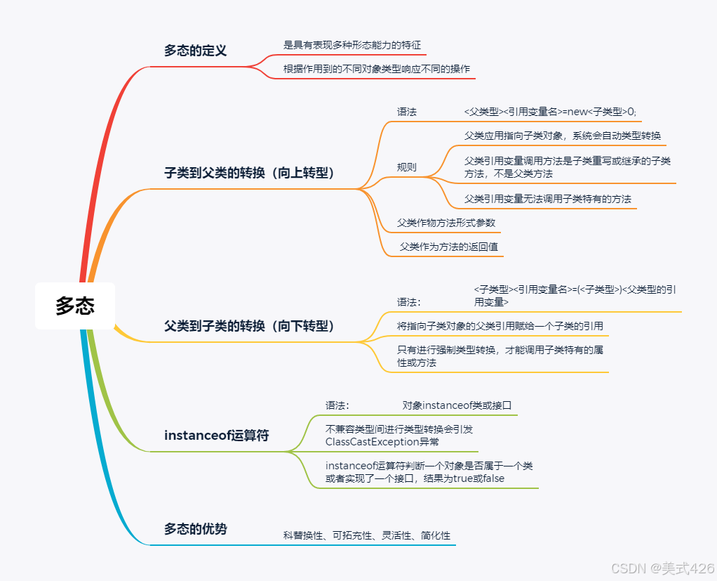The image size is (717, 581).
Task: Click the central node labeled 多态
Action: coord(75,306)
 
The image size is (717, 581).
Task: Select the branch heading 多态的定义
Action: coord(195,51)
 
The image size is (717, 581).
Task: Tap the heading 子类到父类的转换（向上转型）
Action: coord(249,173)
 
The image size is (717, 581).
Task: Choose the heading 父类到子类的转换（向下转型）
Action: coord(249,326)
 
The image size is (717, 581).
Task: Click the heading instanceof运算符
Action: coord(216,436)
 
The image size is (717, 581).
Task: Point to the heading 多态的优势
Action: coord(195,530)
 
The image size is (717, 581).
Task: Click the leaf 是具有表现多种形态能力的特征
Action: coord(352,45)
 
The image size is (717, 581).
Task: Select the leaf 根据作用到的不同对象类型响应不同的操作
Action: coord(376,69)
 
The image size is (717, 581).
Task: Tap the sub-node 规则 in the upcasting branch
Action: coord(407,167)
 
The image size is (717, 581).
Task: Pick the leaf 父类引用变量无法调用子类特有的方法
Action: coord(547,199)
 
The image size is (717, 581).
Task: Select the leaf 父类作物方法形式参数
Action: coord(446,223)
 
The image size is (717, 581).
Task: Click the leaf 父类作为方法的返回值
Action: coord(448,247)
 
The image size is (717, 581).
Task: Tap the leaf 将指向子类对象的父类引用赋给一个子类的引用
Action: coord(500,326)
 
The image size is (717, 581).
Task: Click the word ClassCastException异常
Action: coord(382,442)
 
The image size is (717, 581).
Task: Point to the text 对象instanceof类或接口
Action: coord(457,405)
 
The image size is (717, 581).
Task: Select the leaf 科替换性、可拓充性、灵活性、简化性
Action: coord(366,535)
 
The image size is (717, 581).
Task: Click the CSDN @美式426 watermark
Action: coord(662,568)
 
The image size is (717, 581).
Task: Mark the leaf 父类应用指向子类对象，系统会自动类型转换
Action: coord(562,136)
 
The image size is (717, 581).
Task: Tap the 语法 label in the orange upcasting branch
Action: coord(407,112)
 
